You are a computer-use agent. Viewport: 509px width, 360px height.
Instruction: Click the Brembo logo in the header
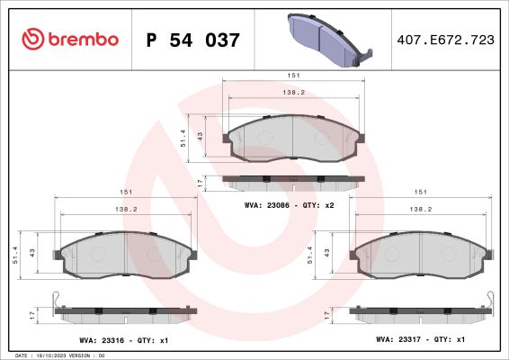(x=70, y=39)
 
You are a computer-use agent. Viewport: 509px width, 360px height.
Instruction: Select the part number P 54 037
(x=192, y=40)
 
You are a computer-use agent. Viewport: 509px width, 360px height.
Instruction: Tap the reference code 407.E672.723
(x=446, y=40)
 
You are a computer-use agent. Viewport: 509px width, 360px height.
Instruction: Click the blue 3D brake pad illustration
(x=330, y=40)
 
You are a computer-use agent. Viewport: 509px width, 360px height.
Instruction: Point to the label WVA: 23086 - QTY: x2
(x=290, y=205)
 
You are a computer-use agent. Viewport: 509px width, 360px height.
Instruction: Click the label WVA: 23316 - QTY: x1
(x=124, y=340)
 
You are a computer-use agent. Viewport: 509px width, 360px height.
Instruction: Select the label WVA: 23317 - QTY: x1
(x=420, y=339)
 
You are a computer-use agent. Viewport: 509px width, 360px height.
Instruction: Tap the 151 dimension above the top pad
(x=293, y=76)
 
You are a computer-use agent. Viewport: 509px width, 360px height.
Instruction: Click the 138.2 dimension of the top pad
(x=293, y=93)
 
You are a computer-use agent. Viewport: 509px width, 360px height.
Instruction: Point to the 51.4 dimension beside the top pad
(x=183, y=138)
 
